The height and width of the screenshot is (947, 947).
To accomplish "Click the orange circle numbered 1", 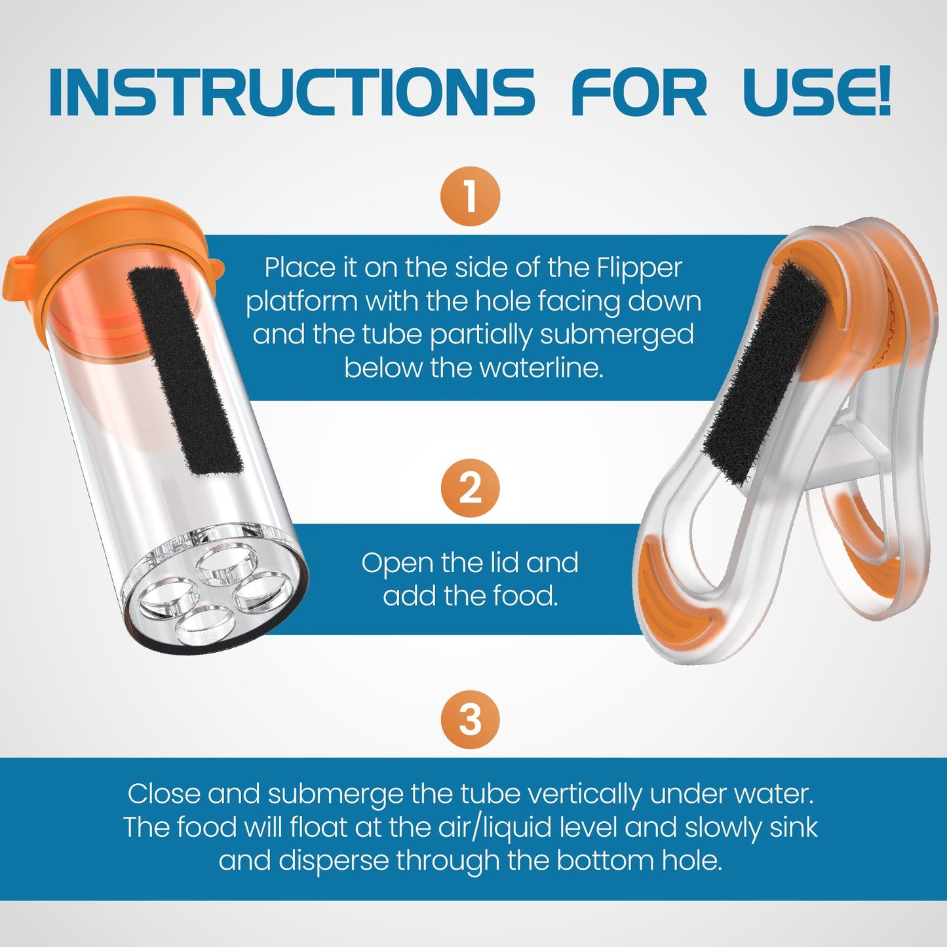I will pos(470,196).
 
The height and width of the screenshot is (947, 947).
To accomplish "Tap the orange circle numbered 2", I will pos(470,488).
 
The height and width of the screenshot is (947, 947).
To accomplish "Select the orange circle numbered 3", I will pos(470,719).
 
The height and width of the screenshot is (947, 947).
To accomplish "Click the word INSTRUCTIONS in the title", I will pos(292,92).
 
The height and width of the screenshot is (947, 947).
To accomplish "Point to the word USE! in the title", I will pos(817,92).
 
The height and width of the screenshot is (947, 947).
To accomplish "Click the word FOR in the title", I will pos(639,92).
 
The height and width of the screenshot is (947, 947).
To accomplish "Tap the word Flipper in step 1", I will pos(639,268).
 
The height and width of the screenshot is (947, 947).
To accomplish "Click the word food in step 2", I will pos(524,596).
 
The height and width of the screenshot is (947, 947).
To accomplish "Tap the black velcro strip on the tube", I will pos(184,370).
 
